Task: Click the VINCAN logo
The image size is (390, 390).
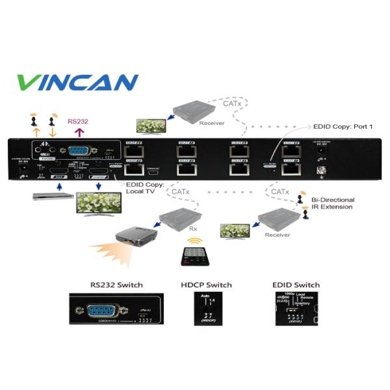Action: pyautogui.click(x=77, y=83)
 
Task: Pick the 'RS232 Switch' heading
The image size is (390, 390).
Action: pyautogui.click(x=117, y=285)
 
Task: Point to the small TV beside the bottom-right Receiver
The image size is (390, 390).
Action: pyautogui.click(x=235, y=231)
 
